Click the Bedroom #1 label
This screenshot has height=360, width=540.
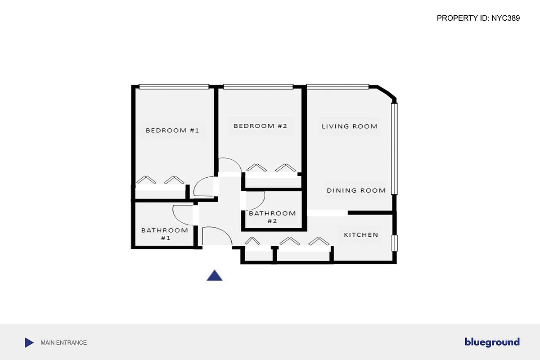[x=172, y=130]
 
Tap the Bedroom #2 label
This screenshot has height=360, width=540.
[x=260, y=126]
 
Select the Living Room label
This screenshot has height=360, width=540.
[x=349, y=126]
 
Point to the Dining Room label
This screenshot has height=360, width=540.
[x=356, y=190]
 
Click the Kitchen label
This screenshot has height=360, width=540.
[x=361, y=235]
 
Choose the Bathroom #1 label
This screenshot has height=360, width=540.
[x=165, y=234]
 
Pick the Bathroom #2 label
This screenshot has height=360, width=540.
[x=272, y=217]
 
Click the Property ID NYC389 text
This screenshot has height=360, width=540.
[x=478, y=18]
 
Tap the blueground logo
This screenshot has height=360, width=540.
[x=492, y=342]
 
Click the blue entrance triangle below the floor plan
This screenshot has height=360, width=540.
[x=215, y=276]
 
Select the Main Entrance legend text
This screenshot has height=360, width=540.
[x=63, y=342]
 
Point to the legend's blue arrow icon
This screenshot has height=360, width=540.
[x=29, y=342]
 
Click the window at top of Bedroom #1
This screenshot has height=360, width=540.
[x=174, y=86]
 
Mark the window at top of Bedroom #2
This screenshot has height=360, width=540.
[x=258, y=86]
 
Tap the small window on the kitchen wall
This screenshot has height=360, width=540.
[x=395, y=243]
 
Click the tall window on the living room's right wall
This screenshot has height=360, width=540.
[x=395, y=148]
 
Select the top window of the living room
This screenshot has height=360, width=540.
[x=337, y=86]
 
